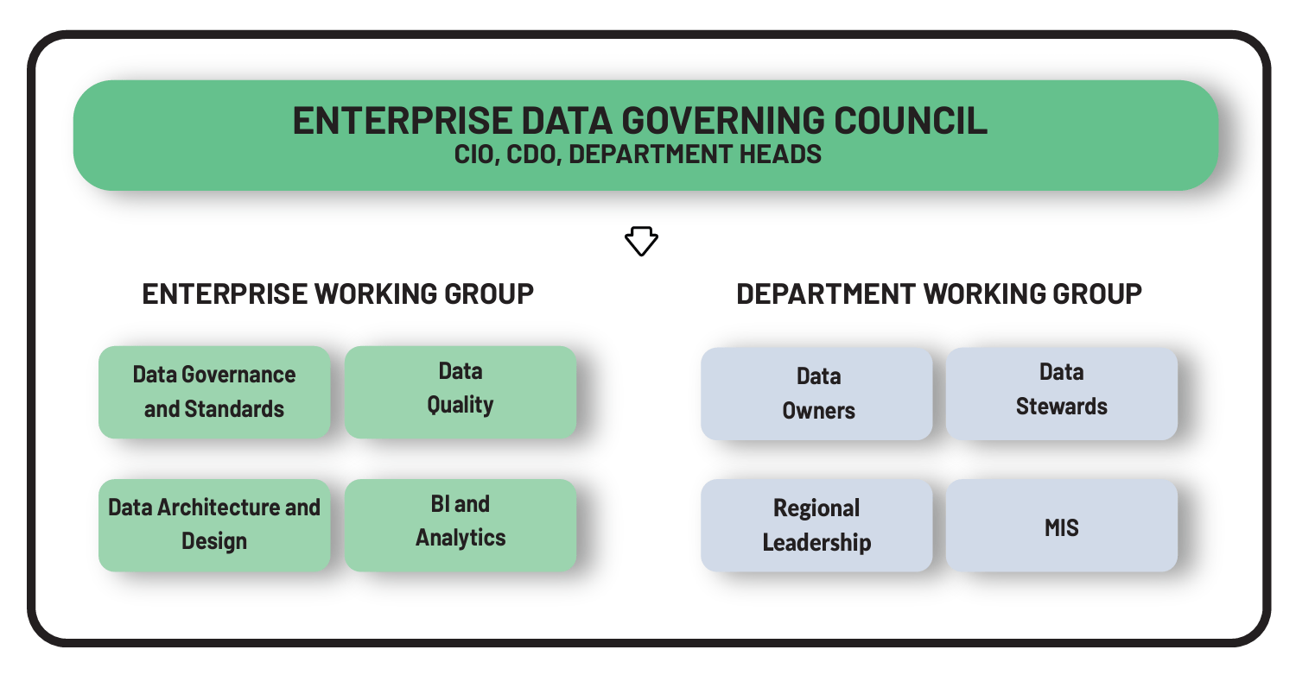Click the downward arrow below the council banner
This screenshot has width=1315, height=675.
click(641, 241)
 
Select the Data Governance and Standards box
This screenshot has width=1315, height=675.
click(214, 393)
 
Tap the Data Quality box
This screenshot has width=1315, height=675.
click(461, 393)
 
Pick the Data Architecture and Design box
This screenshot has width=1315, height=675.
click(214, 526)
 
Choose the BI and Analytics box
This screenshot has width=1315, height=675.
click(461, 526)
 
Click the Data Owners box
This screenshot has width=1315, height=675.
click(816, 394)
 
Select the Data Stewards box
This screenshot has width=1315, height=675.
click(1061, 394)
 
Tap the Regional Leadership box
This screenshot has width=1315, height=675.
click(816, 526)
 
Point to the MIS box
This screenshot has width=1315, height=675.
click(1061, 526)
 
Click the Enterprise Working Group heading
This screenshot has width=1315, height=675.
click(338, 293)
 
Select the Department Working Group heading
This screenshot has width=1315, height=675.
click(939, 293)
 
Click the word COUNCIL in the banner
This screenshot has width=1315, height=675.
click(911, 121)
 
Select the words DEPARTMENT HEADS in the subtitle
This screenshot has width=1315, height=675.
click(695, 155)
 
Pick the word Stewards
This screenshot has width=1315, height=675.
click(1061, 407)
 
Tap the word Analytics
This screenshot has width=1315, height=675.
click(461, 538)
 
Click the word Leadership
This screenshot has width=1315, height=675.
click(816, 542)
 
